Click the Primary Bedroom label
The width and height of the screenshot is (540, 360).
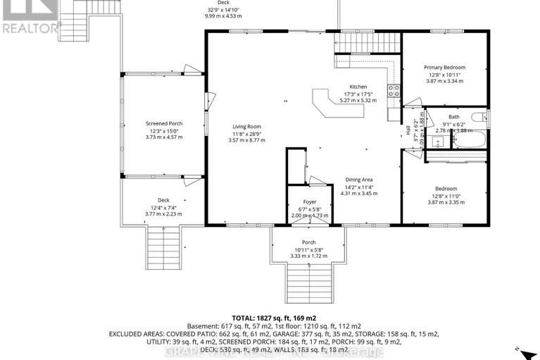444,68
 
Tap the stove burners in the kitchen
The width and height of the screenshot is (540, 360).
395,90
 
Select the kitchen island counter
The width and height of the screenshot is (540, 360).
328,103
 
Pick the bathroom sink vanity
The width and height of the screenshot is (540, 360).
437,142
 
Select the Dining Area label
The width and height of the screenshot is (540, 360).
357,180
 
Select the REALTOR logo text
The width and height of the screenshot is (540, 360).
30,28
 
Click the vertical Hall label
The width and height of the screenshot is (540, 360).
408,130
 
